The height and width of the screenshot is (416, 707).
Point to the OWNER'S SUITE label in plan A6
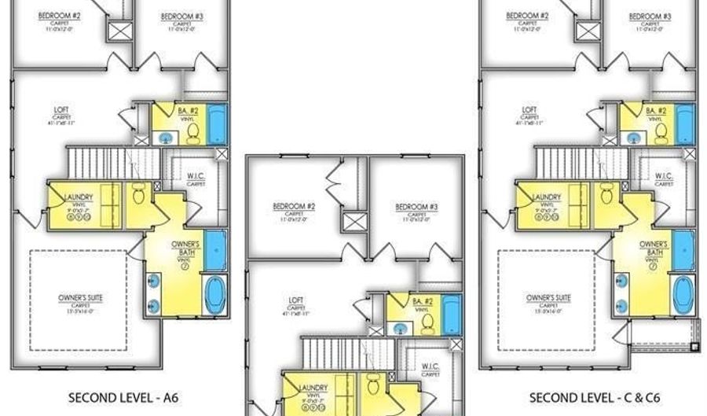tap(82, 297)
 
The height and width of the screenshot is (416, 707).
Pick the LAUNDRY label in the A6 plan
tap(81, 197)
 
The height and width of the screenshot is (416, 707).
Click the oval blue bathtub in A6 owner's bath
tap(214, 295)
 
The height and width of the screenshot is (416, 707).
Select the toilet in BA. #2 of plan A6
tap(193, 133)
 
